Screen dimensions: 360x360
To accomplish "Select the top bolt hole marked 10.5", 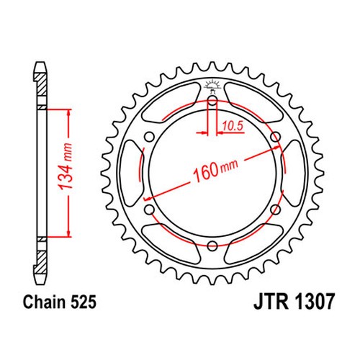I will tap(212, 101).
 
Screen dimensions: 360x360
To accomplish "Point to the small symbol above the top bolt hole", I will tap(212, 84).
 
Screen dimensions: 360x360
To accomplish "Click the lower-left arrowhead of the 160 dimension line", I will tap(148, 196).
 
